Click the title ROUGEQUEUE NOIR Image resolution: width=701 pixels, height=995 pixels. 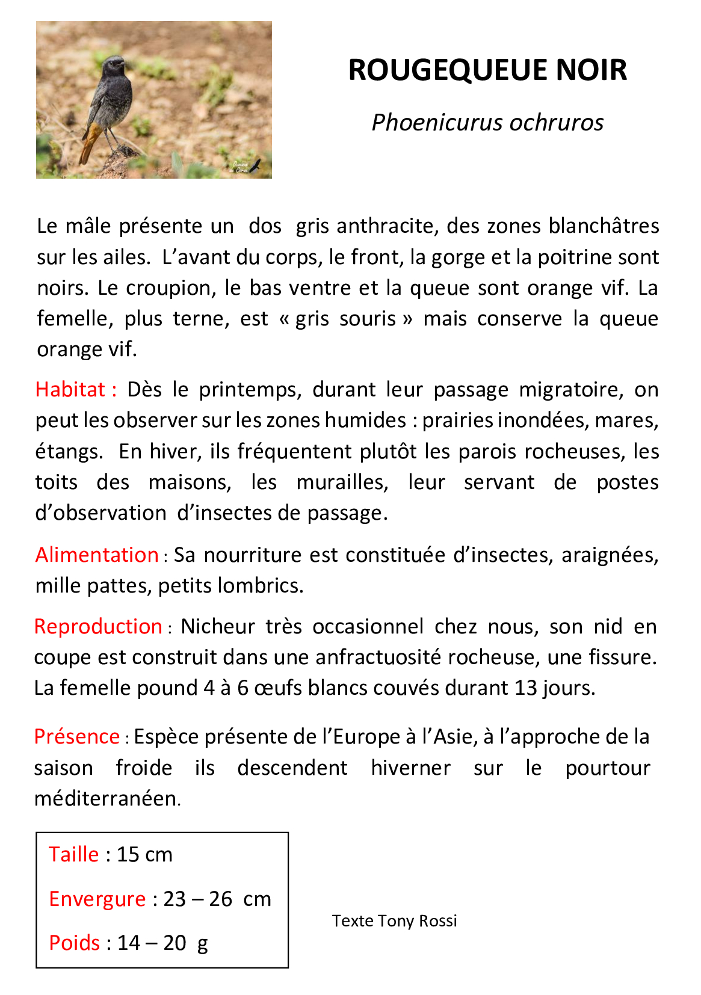click(x=487, y=70)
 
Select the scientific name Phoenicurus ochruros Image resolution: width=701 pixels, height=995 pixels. click(x=487, y=122)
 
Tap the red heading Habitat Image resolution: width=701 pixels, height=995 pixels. click(x=70, y=389)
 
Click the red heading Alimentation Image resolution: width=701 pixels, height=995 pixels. click(x=96, y=555)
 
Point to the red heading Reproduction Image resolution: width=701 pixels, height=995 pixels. click(x=98, y=626)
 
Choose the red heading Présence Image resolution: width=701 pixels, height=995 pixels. click(x=76, y=736)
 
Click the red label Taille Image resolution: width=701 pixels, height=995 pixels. click(x=73, y=854)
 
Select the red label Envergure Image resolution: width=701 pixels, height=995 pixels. click(x=97, y=899)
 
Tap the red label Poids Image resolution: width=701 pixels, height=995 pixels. click(x=74, y=943)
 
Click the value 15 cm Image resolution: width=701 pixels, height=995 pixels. click(x=144, y=854)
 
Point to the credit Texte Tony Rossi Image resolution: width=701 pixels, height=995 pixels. click(x=394, y=921)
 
